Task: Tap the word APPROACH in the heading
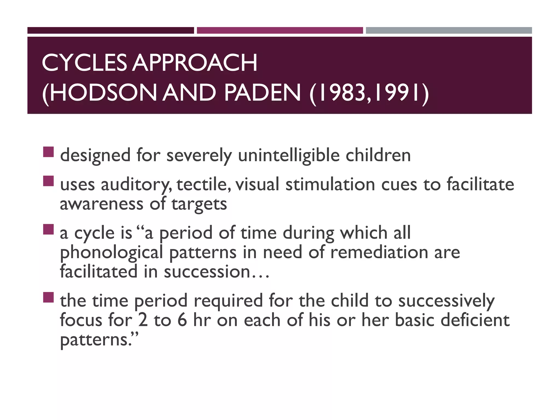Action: pos(195,63)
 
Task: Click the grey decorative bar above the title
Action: pos(449,30)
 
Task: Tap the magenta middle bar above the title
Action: pos(280,30)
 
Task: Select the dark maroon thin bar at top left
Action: pos(110,30)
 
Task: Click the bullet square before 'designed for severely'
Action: pos(48,152)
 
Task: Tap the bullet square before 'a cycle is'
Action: pos(48,229)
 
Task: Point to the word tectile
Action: pos(202,185)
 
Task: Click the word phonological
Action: pos(112,253)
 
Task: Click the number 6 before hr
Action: pos(182,320)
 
